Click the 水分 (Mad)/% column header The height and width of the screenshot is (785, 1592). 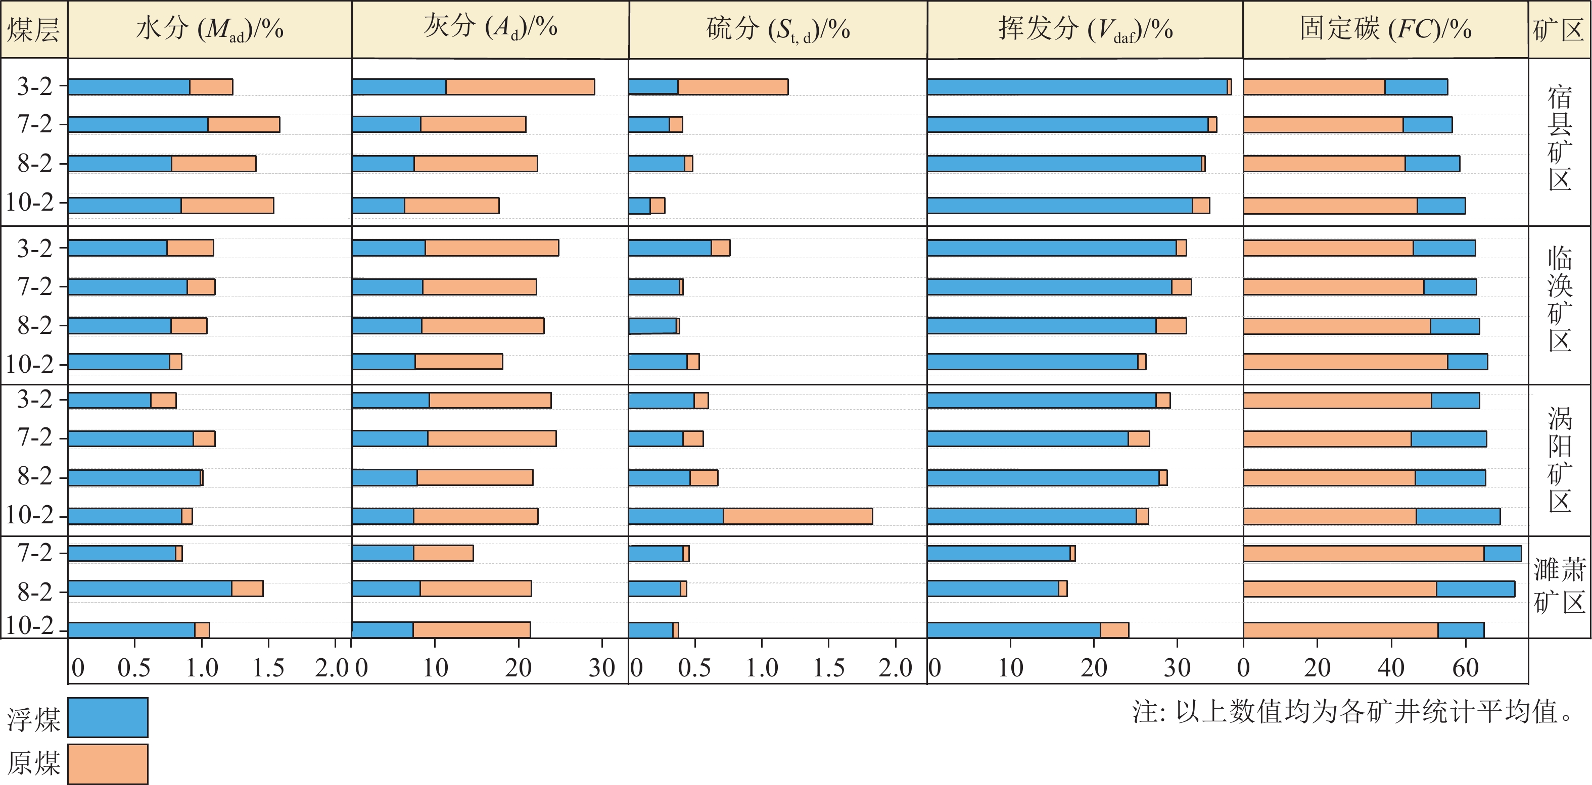tap(210, 29)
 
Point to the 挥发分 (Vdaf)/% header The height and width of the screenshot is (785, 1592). tap(1085, 29)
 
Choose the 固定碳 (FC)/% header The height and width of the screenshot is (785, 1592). tap(1385, 29)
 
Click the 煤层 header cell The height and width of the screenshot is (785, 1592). tap(33, 29)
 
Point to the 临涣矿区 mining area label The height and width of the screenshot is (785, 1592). tap(1559, 299)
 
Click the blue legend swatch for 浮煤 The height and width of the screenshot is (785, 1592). tap(108, 717)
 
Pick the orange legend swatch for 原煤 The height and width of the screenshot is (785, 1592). tap(108, 763)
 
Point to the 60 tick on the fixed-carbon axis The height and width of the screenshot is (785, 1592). tap(1465, 668)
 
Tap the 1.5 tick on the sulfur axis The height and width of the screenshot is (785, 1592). tap(828, 668)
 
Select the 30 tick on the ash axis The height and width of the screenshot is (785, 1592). tap(601, 668)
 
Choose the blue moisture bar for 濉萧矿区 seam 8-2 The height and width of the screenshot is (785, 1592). tap(150, 588)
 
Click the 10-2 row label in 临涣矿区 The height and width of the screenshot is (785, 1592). tap(30, 364)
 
